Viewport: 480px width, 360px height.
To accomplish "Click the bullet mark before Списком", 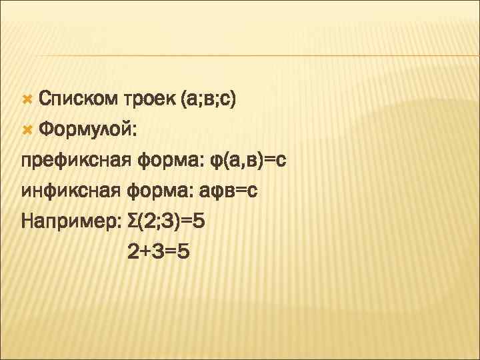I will tap(27, 99).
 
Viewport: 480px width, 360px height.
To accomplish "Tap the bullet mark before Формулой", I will tap(27, 130).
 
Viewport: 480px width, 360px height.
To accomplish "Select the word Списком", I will tap(77, 100).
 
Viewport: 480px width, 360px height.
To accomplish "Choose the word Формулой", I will tap(88, 131).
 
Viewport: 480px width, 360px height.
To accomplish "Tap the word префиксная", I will tap(76, 161).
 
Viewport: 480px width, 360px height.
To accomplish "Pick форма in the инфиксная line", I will tap(157, 191).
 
